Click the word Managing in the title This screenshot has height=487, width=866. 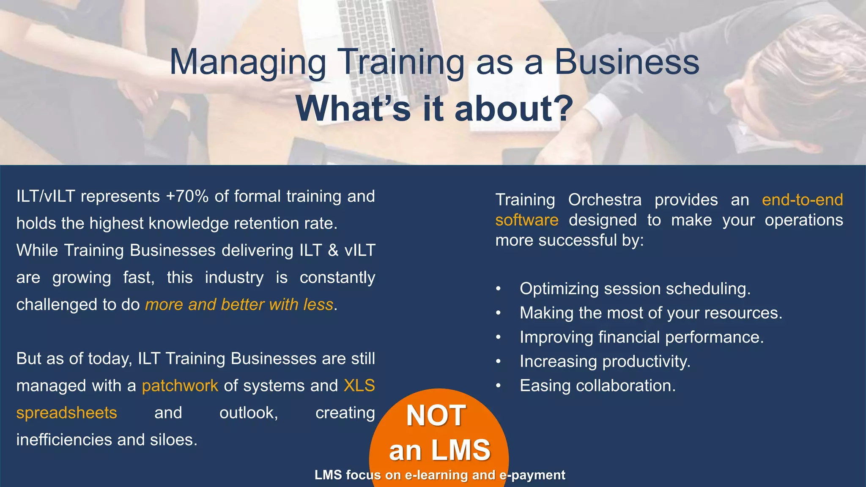[247, 63]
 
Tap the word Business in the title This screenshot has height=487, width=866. [627, 63]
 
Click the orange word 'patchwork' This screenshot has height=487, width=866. [180, 386]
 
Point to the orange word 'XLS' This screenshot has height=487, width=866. [359, 386]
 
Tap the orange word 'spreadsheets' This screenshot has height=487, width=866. [66, 413]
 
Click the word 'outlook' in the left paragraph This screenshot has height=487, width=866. [248, 413]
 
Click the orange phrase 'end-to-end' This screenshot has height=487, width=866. [802, 200]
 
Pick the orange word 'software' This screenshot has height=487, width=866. [527, 220]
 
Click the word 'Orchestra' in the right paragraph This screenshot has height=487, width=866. [605, 200]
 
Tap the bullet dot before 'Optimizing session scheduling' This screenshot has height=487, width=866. [499, 289]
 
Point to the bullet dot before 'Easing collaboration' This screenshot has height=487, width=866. [499, 386]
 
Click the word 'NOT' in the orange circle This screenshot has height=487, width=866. [436, 416]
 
